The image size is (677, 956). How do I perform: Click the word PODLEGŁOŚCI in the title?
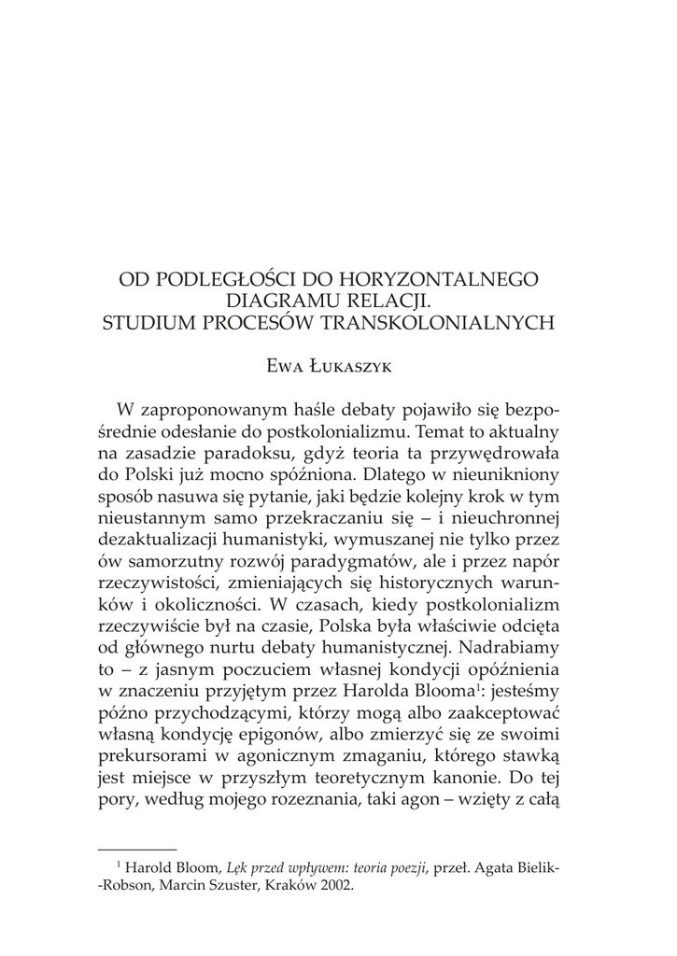point(227,279)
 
